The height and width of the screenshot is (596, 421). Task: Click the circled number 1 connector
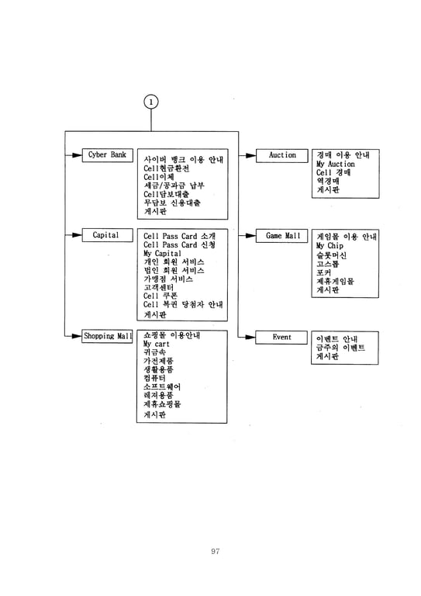point(151,102)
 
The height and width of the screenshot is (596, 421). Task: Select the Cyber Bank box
point(108,155)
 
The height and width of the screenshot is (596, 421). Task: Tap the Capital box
point(108,235)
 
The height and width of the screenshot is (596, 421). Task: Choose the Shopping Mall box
point(107,336)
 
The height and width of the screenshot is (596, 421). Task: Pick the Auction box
point(281,155)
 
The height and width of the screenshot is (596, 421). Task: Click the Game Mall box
point(281,236)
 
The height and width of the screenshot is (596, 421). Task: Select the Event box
point(281,337)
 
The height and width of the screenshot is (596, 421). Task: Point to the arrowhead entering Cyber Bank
point(77,155)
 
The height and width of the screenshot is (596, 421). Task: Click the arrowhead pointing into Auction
point(251,155)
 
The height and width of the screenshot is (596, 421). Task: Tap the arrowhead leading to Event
point(250,337)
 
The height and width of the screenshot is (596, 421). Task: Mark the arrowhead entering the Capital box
point(77,235)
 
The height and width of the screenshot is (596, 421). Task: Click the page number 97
point(216,551)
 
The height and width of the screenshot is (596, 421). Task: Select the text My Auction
point(336,165)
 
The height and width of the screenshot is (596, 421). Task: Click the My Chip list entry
point(330,246)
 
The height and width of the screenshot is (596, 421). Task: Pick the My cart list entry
point(157,344)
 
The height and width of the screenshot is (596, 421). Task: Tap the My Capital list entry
point(162,254)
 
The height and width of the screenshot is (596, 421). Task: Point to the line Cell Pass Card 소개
point(179,236)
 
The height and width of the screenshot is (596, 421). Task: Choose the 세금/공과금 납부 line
point(174,185)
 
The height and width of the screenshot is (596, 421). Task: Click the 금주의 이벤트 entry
point(340,348)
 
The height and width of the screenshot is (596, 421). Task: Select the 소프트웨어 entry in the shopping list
point(162,387)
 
